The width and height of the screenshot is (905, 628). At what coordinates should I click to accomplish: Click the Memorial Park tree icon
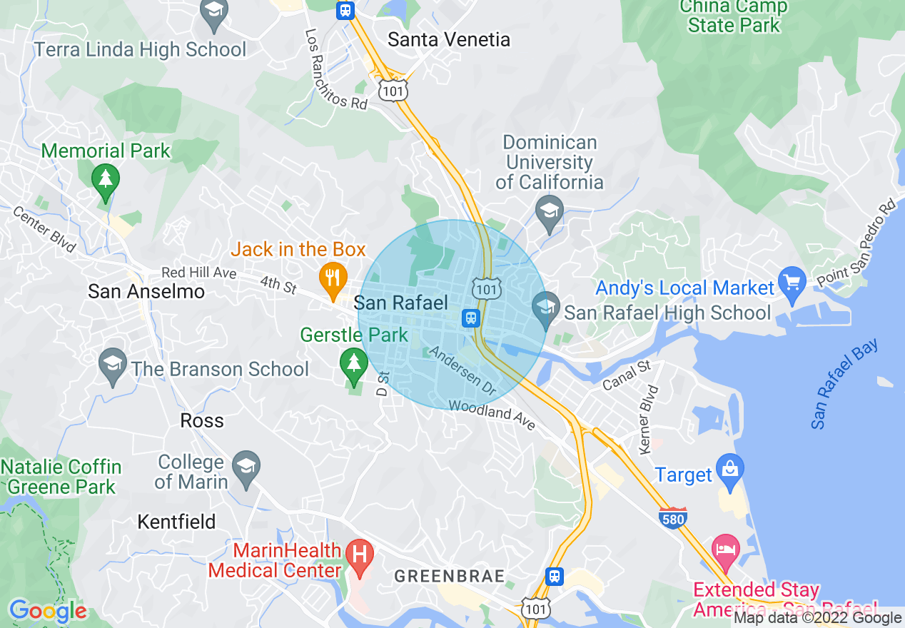tap(106, 178)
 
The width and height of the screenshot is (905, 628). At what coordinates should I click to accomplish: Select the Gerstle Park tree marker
tap(353, 362)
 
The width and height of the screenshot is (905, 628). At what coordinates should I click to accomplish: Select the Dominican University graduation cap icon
tap(550, 212)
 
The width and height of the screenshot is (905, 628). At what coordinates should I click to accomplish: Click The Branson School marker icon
tap(113, 365)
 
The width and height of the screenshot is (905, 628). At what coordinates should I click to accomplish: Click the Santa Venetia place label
tap(449, 40)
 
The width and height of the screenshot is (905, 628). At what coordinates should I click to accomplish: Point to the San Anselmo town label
tap(146, 291)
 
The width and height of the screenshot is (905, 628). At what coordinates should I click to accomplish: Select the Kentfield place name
tap(176, 522)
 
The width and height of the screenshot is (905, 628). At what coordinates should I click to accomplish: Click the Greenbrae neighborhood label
tap(450, 576)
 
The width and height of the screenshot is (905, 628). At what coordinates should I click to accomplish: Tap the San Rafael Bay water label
tap(845, 384)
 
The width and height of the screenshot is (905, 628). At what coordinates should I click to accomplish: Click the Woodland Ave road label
tap(492, 414)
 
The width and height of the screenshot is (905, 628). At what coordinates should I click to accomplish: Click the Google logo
tap(48, 611)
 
